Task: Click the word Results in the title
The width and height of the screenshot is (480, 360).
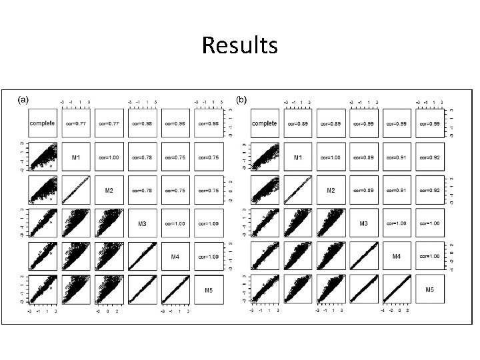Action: tap(239, 46)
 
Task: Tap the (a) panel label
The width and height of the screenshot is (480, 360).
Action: tap(23, 100)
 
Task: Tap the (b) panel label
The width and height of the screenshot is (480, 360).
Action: tap(241, 100)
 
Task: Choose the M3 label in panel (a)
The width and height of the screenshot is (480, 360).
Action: tap(142, 223)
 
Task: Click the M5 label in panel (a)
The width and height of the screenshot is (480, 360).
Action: tap(209, 289)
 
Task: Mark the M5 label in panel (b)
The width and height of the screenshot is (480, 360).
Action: tap(431, 289)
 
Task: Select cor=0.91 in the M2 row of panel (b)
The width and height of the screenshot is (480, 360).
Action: tap(397, 190)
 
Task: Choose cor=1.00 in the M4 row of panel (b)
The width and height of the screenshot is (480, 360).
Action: tap(431, 256)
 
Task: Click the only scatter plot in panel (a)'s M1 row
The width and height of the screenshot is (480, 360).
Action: tap(44, 157)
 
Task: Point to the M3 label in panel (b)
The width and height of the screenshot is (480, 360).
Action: tap(364, 223)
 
